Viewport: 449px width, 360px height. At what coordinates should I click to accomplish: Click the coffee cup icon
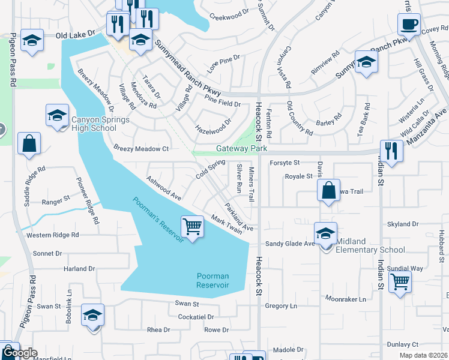[x=408, y=25]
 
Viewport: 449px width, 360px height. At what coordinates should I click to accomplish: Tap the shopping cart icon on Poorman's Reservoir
[x=192, y=227]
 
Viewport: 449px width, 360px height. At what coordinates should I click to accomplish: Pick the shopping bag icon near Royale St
[x=329, y=191]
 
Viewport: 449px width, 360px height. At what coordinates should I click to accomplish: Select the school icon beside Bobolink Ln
[x=92, y=314]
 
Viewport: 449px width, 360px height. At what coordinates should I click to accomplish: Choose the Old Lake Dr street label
[x=76, y=36]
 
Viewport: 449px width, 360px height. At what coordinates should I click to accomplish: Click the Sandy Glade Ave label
[x=291, y=244]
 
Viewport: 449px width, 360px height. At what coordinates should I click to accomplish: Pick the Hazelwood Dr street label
[x=213, y=125]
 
